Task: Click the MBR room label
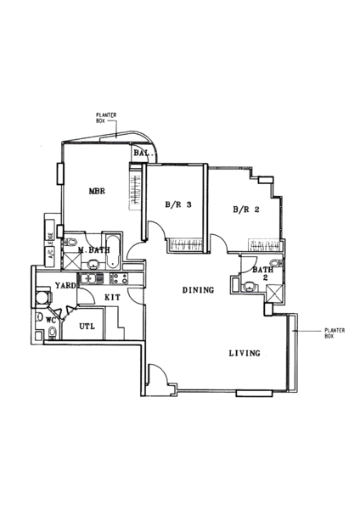(97, 191)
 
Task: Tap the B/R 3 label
(178, 204)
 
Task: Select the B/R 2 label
(246, 210)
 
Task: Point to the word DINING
(198, 290)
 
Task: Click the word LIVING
(245, 353)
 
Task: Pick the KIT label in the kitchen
(112, 297)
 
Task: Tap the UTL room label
(87, 326)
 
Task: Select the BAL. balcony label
(143, 153)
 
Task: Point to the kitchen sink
(91, 278)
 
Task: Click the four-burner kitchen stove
(119, 278)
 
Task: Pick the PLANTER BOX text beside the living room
(335, 333)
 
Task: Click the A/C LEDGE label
(50, 243)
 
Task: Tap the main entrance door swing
(159, 373)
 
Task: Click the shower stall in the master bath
(70, 261)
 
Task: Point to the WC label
(50, 321)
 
